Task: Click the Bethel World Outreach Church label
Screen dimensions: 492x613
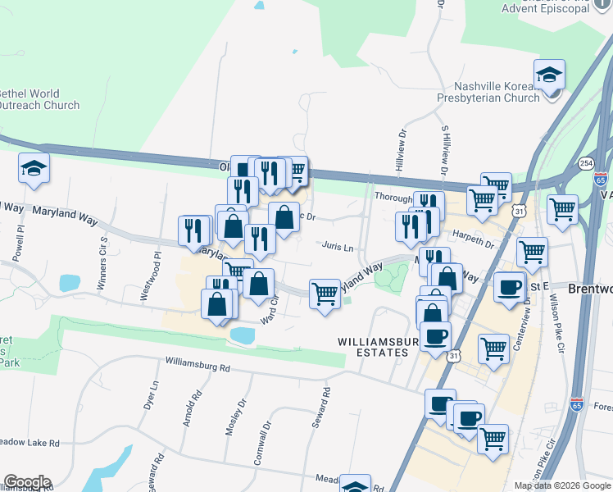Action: (x=39, y=99)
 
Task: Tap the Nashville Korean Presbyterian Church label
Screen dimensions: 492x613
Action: (x=498, y=93)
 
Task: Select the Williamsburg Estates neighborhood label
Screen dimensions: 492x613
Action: (x=373, y=346)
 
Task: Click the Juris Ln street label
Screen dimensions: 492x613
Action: (x=338, y=247)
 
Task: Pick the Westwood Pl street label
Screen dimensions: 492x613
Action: (x=154, y=277)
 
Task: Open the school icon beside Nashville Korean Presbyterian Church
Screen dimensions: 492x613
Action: (x=548, y=76)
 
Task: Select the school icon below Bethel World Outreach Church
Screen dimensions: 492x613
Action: (x=34, y=170)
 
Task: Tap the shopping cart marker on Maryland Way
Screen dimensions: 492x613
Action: (x=325, y=294)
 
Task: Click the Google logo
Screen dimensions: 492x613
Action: (x=27, y=482)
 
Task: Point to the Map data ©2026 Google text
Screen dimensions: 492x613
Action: (x=562, y=485)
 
